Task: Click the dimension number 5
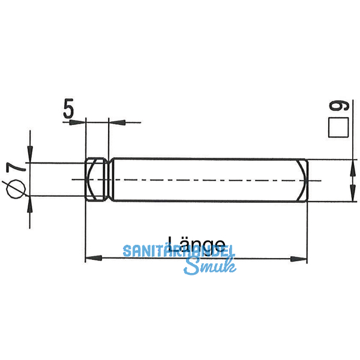click(68, 109)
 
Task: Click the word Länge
click(196, 244)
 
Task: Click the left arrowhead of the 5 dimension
click(79, 122)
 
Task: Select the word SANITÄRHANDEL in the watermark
click(178, 251)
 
